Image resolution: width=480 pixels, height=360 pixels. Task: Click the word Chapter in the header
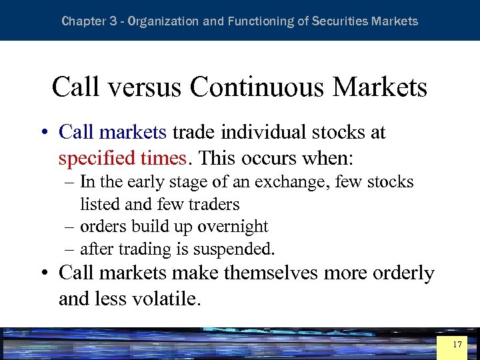(83, 21)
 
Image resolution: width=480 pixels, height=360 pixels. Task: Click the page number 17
(457, 345)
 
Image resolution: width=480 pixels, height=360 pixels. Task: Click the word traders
(213, 203)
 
